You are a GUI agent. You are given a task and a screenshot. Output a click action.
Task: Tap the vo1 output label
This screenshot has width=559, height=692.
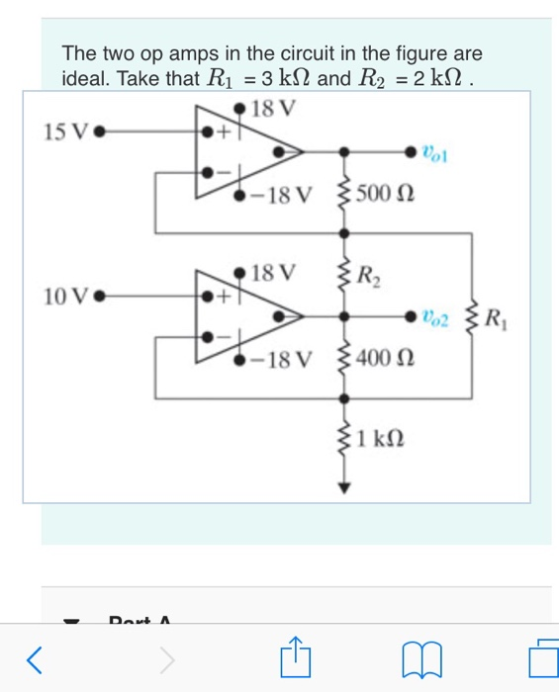click(434, 152)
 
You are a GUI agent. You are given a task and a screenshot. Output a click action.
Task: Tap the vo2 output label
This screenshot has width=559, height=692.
click(434, 317)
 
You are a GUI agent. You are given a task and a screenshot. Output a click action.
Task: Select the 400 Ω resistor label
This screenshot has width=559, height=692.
click(379, 358)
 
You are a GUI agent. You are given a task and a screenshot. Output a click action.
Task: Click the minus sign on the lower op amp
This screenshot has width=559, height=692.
click(223, 338)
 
